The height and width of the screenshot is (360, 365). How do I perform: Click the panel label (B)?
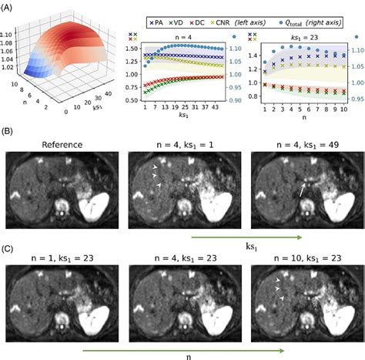click(10, 136)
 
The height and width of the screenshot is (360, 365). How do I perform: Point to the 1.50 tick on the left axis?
click(129, 48)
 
